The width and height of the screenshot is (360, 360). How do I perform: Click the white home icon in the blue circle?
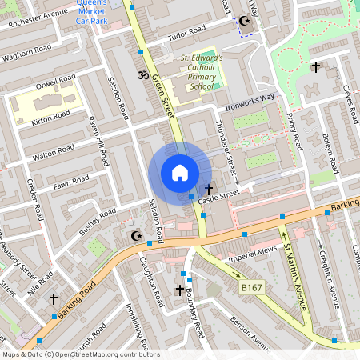pyautogui.click(x=180, y=173)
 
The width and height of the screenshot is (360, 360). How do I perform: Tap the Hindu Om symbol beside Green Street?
pyautogui.click(x=144, y=76)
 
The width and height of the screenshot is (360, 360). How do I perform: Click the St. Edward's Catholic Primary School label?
pyautogui.click(x=201, y=72)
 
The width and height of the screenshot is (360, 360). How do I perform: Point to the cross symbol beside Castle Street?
pyautogui.click(x=209, y=189)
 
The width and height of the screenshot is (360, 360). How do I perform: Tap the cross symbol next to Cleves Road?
pyautogui.click(x=316, y=67)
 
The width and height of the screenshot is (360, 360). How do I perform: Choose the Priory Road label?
pyautogui.click(x=297, y=131)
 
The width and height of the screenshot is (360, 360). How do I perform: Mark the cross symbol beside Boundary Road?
pyautogui.click(x=179, y=289)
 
